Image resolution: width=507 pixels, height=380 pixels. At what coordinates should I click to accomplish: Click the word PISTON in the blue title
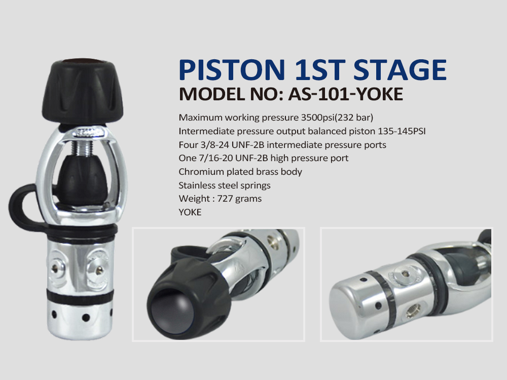pos(232,69)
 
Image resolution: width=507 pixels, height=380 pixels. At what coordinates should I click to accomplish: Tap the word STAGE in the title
pos(400,69)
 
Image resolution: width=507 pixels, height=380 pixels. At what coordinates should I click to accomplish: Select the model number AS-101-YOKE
pos(346,94)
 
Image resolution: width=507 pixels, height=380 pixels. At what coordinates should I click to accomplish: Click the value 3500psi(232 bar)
pos(337,118)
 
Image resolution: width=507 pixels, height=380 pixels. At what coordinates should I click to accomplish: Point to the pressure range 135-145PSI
pos(402,131)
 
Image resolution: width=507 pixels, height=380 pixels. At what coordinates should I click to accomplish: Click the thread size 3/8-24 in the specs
pos(214,145)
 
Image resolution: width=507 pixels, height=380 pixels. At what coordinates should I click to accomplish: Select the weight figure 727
pos(226,199)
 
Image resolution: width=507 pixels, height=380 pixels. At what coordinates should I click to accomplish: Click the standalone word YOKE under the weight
pos(190,212)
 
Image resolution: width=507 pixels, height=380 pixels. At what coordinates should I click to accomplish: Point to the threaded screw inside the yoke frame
pos(83,148)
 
